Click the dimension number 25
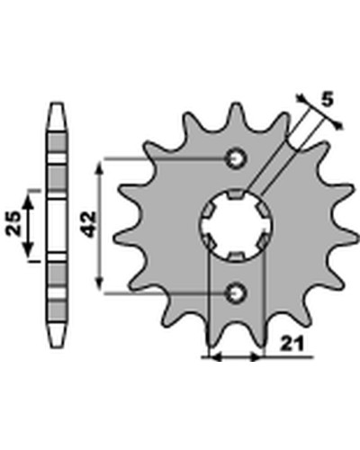click(13, 223)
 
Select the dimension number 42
click(89, 224)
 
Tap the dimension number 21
click(292, 345)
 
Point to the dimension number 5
click(328, 100)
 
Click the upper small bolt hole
click(237, 158)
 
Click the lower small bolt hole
click(237, 292)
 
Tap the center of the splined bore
click(236, 225)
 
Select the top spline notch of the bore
click(236, 194)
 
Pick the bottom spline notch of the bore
click(236, 256)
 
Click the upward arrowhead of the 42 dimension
click(99, 165)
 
